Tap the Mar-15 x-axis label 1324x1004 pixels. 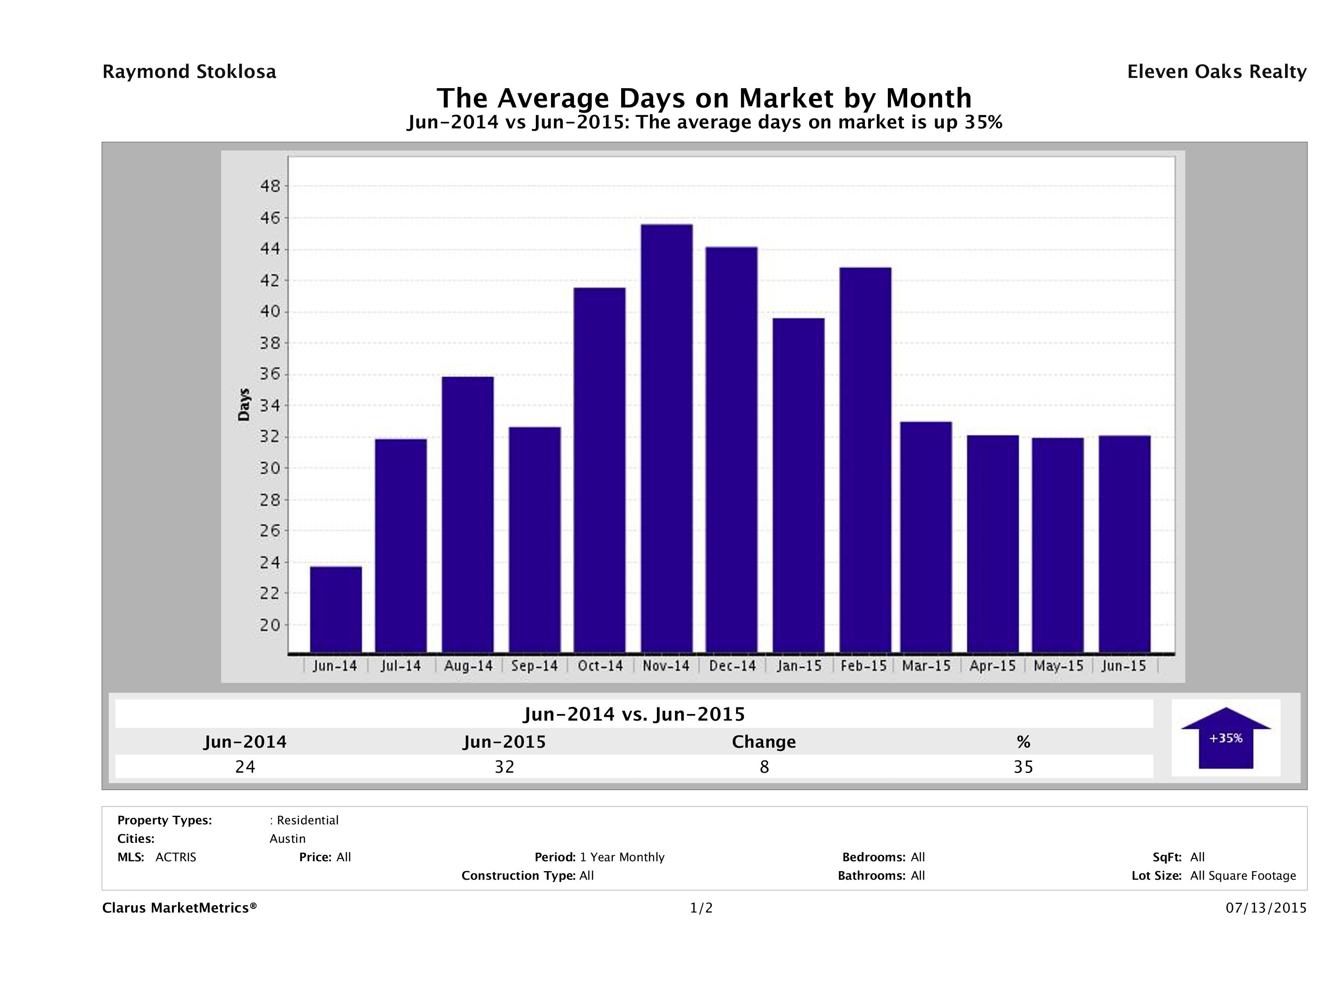pyautogui.click(x=926, y=666)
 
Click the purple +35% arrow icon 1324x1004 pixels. pyautogui.click(x=1225, y=738)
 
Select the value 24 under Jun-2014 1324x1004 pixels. pyautogui.click(x=245, y=767)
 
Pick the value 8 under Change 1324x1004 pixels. pyautogui.click(x=764, y=767)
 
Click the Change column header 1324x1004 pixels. pyautogui.click(x=764, y=742)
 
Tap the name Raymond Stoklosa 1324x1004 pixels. pyautogui.click(x=189, y=72)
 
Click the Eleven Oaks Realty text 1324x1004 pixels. pyautogui.click(x=1216, y=72)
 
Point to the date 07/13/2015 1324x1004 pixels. pyautogui.click(x=1266, y=908)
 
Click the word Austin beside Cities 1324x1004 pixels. pyautogui.click(x=287, y=839)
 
